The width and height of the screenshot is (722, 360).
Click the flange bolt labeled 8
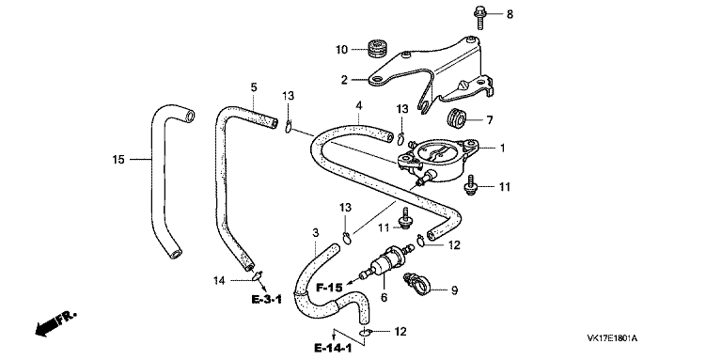coord(478,15)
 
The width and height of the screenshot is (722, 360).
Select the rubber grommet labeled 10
coord(379,48)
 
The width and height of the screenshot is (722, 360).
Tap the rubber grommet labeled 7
coord(457,118)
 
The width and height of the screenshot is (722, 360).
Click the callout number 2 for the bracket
coord(344,80)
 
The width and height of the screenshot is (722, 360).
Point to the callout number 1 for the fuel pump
coord(502,149)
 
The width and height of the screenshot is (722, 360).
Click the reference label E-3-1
coord(267,300)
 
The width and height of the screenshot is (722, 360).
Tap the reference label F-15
coord(329,289)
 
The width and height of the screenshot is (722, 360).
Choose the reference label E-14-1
coord(333,348)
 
